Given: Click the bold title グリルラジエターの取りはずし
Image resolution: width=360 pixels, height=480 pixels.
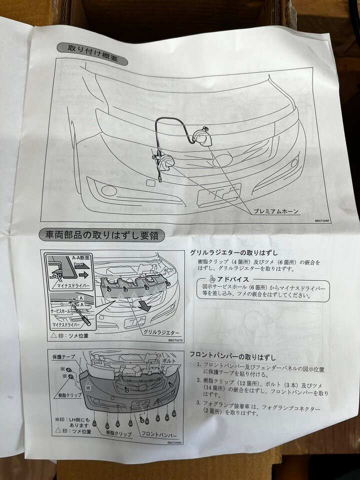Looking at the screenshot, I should [x=233, y=253].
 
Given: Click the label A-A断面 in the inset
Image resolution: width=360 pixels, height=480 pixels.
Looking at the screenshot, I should [x=80, y=257].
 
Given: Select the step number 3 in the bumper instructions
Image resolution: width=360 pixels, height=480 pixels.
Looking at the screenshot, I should [x=198, y=402].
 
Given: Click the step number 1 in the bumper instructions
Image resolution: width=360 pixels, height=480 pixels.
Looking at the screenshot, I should [x=198, y=365].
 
